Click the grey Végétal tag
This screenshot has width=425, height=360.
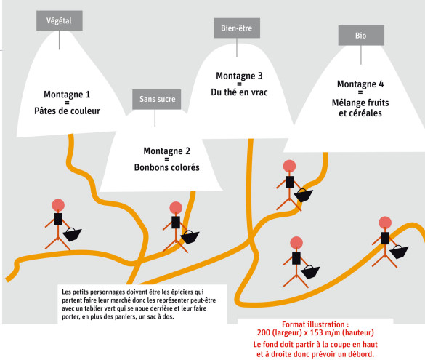[60, 20]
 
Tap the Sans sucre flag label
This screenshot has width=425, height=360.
[157, 100]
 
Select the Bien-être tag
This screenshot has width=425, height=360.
[237, 28]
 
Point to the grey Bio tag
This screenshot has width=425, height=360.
[361, 36]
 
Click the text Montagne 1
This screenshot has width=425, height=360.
[67, 95]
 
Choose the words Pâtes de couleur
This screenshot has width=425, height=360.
[67, 111]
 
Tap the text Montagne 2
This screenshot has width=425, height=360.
[166, 151]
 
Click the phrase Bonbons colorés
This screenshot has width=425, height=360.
[166, 167]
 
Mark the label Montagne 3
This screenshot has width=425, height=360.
[239, 76]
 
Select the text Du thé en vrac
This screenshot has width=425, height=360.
[239, 92]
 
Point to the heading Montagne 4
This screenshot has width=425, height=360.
[360, 84]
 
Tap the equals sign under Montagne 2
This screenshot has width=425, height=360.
[166, 159]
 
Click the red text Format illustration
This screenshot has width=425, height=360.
[315, 324]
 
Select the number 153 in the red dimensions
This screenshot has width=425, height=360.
[316, 332]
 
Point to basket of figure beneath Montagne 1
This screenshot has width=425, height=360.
[72, 234]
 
